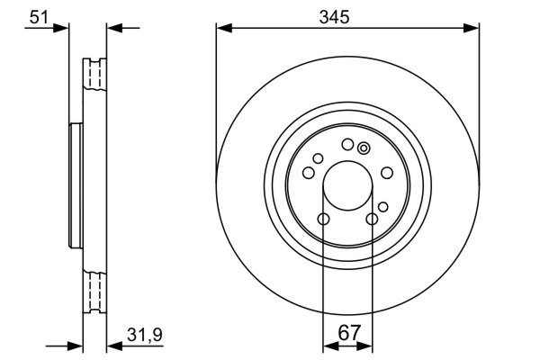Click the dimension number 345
click(x=346, y=15)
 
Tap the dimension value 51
click(x=38, y=15)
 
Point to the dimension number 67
click(x=347, y=334)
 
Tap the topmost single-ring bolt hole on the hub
click(x=346, y=145)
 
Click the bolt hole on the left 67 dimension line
click(x=322, y=219)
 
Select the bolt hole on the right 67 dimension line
click(x=372, y=219)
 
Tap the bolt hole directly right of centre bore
click(x=387, y=174)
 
